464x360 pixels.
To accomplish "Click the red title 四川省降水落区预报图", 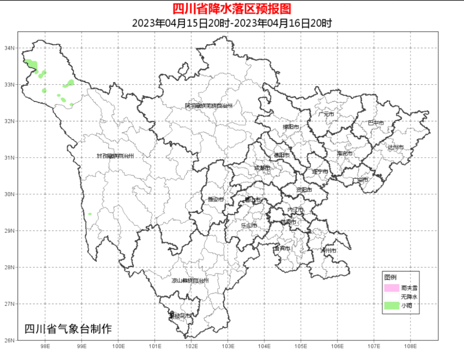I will [232, 9].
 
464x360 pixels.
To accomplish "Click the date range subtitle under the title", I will [232, 23].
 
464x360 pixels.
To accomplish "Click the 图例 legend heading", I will [390, 277].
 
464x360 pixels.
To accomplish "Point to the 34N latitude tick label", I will [10, 48].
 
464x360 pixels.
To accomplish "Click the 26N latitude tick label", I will [10, 340].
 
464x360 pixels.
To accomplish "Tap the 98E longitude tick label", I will [45, 346].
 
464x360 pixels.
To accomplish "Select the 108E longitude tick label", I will [410, 346].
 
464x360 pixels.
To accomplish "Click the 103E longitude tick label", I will [227, 346].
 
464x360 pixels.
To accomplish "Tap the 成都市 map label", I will [262, 168].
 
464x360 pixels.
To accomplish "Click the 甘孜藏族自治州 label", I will [115, 156].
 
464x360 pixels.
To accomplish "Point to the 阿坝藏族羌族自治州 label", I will [208, 106].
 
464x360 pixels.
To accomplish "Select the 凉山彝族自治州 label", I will [190, 281].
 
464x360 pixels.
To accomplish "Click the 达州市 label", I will [395, 147].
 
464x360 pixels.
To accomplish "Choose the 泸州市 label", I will [328, 250].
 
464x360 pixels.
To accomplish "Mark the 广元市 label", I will [326, 114].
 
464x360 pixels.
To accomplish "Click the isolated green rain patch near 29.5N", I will [90, 214].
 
